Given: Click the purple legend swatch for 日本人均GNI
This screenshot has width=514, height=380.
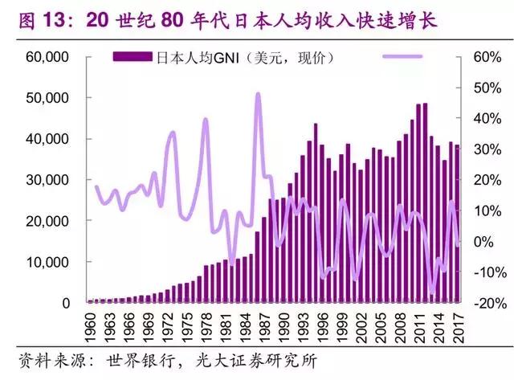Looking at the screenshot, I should click(132, 57).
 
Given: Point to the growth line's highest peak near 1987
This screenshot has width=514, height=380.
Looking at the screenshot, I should click(258, 94).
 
